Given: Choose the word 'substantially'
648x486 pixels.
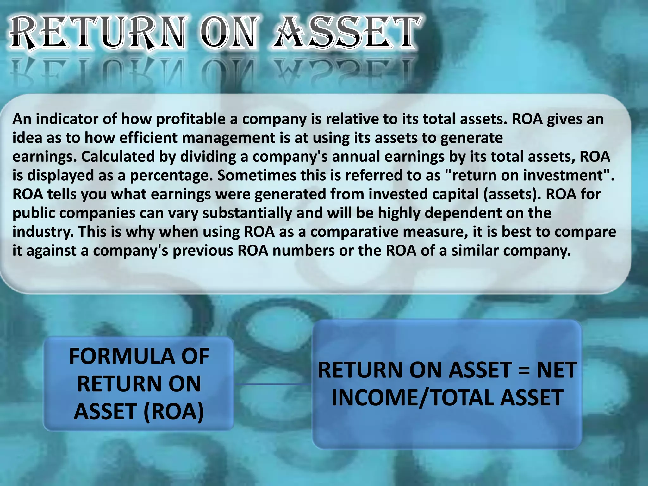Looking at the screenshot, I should tap(247, 213).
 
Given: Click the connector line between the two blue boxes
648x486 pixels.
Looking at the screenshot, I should tap(273, 384).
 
